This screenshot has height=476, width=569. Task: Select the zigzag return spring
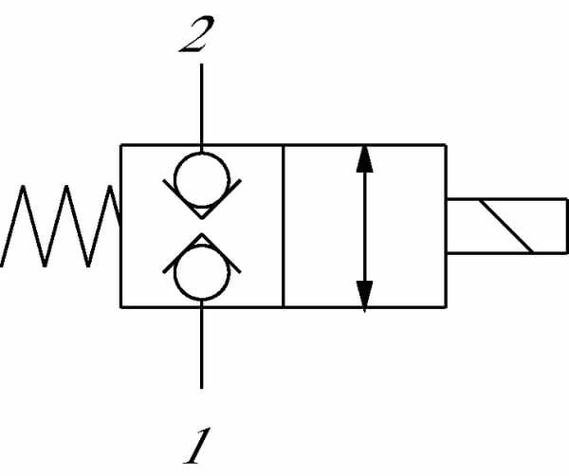click(x=62, y=226)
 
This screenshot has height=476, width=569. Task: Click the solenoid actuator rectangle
click(x=506, y=226)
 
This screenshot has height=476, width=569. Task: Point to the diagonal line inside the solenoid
click(x=507, y=226)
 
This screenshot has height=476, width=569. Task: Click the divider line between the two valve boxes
click(x=284, y=226)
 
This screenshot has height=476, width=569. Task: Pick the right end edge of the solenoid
click(x=566, y=226)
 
